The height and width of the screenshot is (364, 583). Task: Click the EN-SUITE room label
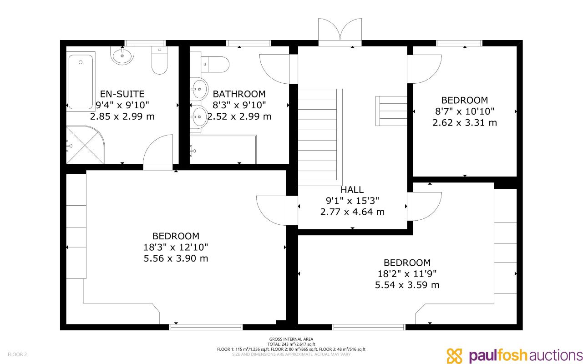click(122, 94)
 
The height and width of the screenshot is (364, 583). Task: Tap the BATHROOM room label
click(239, 94)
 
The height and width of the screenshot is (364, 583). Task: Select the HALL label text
click(352, 190)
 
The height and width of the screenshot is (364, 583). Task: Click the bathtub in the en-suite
click(81, 82)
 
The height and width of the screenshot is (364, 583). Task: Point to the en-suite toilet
click(159, 61)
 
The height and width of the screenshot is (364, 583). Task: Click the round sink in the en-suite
click(122, 56)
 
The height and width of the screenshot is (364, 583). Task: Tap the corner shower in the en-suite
click(85, 145)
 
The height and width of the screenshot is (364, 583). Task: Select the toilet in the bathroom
click(215, 65)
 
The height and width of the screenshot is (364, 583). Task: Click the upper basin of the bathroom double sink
click(199, 89)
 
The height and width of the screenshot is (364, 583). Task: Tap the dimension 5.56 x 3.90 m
click(176, 258)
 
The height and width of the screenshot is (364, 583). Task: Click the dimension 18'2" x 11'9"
click(407, 274)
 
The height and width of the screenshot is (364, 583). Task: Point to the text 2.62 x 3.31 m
click(465, 122)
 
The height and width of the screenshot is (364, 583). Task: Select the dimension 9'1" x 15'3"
click(352, 201)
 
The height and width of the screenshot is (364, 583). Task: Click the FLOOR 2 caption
click(17, 354)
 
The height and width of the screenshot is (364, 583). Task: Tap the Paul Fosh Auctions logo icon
click(454, 356)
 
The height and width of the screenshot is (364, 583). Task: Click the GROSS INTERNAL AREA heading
click(291, 339)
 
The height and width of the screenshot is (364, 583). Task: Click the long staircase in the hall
click(320, 137)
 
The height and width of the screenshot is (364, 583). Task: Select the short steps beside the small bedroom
click(391, 111)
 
